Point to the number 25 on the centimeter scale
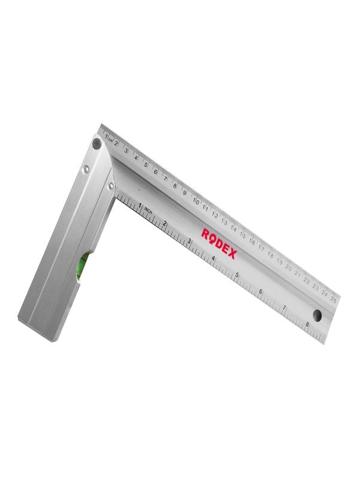tap(333, 298)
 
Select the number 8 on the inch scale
tap(307, 324)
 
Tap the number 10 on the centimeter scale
tap(196, 201)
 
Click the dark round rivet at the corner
tap(97, 143)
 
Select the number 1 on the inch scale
tap(140, 206)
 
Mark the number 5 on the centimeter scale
tap(146, 165)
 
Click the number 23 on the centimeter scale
tap(316, 285)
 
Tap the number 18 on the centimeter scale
tap(270, 253)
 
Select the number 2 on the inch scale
tap(164, 223)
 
